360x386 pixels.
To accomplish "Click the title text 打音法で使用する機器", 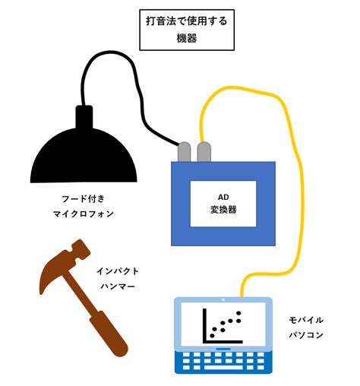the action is pos(187,30).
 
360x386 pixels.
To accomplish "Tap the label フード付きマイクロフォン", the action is pos(84,206).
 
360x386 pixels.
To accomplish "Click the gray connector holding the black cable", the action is pos(185,151).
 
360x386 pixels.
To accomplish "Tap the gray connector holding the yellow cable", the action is pos(204,151).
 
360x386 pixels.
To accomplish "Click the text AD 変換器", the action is pos(223,204).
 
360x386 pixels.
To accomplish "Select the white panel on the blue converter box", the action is pos(223,204).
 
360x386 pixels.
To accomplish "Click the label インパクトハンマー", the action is pos(118,279).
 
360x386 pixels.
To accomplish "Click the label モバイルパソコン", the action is pos(306,327).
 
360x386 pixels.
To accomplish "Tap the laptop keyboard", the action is pos(223,362).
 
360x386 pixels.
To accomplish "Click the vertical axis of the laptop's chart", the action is pos(204,325).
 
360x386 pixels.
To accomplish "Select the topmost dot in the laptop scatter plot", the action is pos(238,313).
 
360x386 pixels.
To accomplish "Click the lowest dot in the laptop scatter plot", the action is pos(213,336).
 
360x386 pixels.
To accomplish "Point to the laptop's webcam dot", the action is pos(223,300).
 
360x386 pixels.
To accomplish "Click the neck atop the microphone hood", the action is pos(84,117).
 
